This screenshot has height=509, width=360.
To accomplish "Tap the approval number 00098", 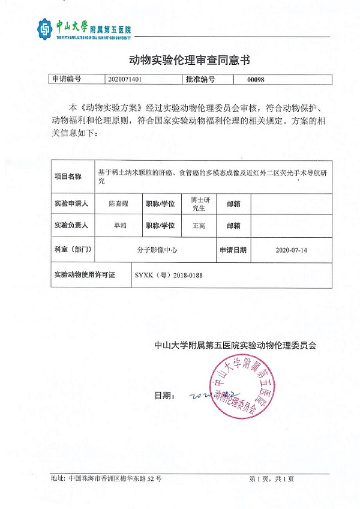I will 256,79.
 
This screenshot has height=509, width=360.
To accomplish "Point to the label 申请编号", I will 67,79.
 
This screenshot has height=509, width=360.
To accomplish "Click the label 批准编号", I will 200,79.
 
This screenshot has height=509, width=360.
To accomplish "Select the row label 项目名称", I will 68,176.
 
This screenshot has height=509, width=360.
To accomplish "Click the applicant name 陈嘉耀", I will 118,204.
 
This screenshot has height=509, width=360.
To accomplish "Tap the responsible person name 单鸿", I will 118,226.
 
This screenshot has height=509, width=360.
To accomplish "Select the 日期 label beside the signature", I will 165,396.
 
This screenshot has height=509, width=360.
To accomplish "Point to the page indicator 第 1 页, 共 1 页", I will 271,478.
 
